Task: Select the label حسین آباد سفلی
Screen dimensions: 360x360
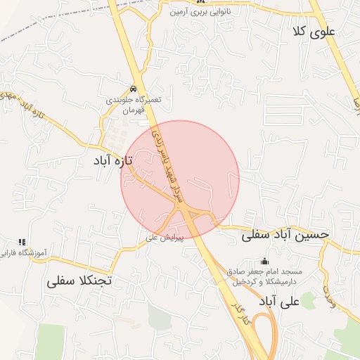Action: click(x=285, y=236)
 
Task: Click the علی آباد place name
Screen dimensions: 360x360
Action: click(x=279, y=301)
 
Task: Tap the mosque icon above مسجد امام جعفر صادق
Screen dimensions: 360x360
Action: click(x=264, y=261)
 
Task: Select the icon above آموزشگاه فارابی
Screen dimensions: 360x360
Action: click(x=21, y=241)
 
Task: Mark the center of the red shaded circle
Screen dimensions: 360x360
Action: click(x=180, y=180)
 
